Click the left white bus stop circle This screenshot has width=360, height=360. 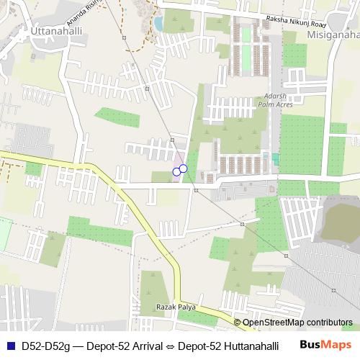(176, 171)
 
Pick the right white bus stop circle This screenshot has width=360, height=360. (183, 168)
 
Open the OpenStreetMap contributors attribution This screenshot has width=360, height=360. (297, 323)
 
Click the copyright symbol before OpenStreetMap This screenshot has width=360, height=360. (237, 323)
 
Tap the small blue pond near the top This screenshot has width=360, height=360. (158, 23)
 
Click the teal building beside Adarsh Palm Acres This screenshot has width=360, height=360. (275, 158)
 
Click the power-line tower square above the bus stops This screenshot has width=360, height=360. (172, 139)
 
